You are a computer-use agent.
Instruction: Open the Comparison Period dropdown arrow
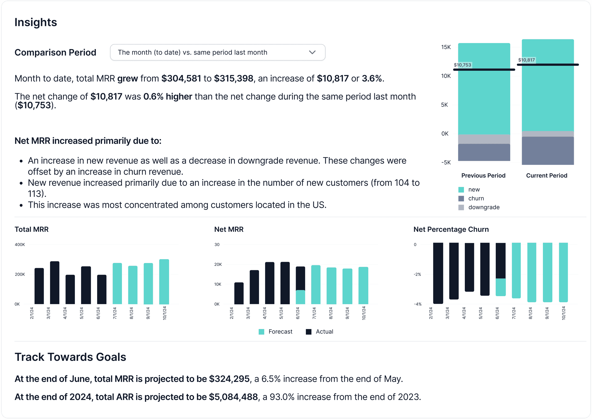click(312, 52)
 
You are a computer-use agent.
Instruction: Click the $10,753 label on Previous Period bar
click(462, 65)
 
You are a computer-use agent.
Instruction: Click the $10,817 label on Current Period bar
click(526, 60)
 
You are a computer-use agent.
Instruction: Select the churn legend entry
click(476, 198)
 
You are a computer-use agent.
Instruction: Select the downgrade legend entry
click(484, 207)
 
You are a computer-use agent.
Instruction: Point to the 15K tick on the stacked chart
click(446, 47)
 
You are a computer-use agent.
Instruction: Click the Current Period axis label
click(546, 176)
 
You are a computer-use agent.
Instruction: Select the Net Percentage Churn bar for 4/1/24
click(469, 267)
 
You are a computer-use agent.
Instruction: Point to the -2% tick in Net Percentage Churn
click(417, 274)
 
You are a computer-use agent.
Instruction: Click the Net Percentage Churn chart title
click(451, 229)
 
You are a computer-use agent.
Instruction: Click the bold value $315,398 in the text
click(233, 79)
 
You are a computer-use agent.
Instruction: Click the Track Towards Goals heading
click(70, 357)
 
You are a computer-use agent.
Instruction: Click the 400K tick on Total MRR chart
click(20, 244)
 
